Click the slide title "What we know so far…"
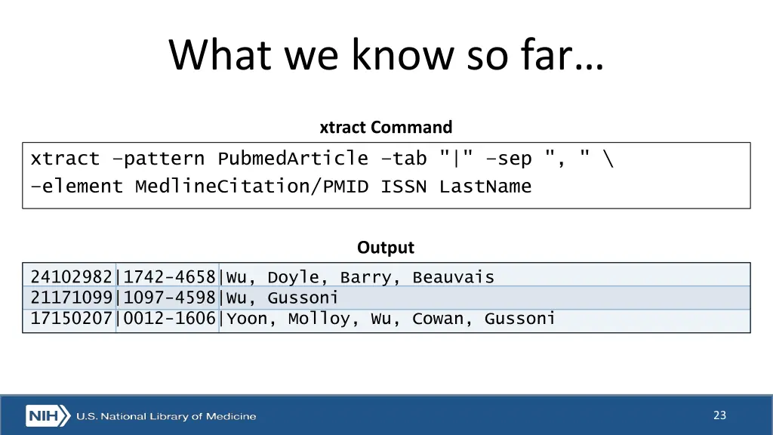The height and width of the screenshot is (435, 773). tap(386, 54)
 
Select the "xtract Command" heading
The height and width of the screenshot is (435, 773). tap(386, 127)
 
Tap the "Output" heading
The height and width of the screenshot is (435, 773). tap(386, 248)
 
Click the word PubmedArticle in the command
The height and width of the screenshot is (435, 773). tap(293, 159)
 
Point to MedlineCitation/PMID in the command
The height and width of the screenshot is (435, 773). tap(251, 187)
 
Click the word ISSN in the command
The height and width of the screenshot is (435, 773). tap(403, 187)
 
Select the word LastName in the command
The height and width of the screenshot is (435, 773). tap(485, 187)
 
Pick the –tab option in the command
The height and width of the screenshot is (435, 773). tap(408, 159)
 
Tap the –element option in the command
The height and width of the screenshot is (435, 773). tap(76, 187)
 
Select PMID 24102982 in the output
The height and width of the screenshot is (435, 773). tap(72, 277)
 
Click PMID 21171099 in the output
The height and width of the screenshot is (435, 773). tap(72, 298)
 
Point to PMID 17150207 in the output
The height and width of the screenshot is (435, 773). tap(72, 319)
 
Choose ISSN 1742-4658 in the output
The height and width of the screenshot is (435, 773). tap(169, 277)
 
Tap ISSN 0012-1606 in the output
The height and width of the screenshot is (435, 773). tap(169, 319)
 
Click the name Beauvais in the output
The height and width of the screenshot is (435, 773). tap(453, 277)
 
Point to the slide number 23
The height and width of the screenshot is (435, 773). tap(719, 415)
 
